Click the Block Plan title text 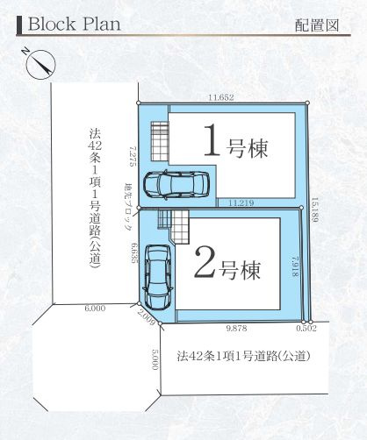click(73, 23)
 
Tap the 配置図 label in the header click(318, 25)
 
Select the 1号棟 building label click(235, 144)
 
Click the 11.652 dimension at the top click(220, 97)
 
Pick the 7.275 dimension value click(131, 157)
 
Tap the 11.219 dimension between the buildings click(241, 202)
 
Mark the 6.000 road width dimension click(95, 309)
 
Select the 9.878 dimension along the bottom click(236, 328)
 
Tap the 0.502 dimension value click(306, 328)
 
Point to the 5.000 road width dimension click(155, 359)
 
